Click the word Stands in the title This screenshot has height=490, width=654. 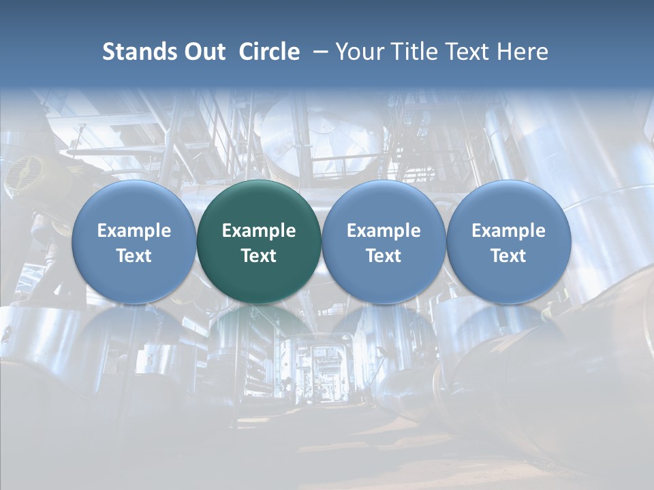tap(135, 52)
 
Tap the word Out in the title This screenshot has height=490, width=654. tap(203, 52)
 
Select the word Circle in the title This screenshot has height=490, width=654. tap(269, 52)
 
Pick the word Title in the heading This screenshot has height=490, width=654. tap(410, 52)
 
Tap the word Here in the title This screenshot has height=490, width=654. tap(523, 52)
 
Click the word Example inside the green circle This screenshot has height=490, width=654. tap(259, 231)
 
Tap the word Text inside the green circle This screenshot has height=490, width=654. tap(259, 256)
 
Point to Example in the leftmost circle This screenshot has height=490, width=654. tap(134, 231)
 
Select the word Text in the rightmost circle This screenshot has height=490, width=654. tap(509, 256)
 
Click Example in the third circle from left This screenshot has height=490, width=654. tap(384, 231)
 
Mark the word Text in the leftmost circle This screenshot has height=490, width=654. tap(134, 256)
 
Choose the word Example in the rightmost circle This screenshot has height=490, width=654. tap(509, 231)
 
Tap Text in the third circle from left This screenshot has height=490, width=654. tap(384, 256)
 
